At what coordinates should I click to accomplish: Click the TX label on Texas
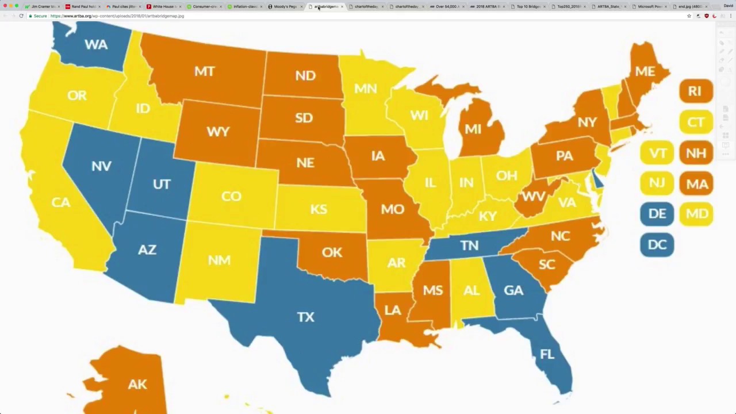[x=305, y=317]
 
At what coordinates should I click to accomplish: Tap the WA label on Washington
[x=95, y=44]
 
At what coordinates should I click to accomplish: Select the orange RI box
[x=696, y=91]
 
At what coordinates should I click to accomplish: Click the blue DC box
[x=657, y=244]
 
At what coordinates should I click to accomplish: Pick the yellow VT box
[x=657, y=153]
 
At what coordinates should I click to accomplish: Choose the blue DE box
[x=657, y=214]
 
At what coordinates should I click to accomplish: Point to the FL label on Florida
[x=547, y=354]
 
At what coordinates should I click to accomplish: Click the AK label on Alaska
[x=137, y=384]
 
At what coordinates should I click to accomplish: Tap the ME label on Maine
[x=645, y=71]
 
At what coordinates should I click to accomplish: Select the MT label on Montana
[x=204, y=71]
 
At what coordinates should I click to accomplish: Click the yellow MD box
[x=696, y=214]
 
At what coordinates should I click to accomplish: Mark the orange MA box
[x=696, y=184]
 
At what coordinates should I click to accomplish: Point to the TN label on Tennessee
[x=469, y=246]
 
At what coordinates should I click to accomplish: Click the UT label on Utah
[x=162, y=184]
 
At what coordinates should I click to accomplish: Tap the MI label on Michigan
[x=473, y=129]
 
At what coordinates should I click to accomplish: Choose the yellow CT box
[x=696, y=122]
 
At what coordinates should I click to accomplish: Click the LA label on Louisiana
[x=392, y=310]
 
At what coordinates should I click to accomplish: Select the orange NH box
[x=696, y=153]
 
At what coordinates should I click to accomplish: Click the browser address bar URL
[x=117, y=16]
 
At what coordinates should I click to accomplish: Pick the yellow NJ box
[x=657, y=183]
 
